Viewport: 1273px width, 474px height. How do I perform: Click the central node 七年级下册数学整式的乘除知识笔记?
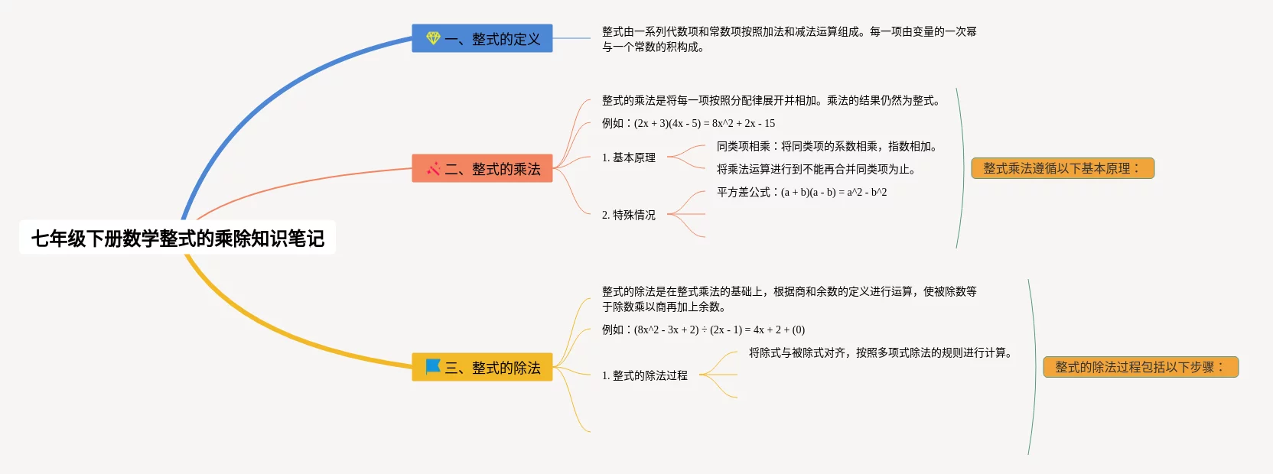[x=177, y=239]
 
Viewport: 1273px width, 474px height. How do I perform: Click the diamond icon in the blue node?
[x=433, y=38]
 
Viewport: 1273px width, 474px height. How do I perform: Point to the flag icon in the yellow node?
[x=433, y=366]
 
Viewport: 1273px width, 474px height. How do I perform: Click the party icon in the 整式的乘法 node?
[x=434, y=168]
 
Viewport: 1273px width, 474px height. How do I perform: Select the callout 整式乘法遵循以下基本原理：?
[x=1062, y=168]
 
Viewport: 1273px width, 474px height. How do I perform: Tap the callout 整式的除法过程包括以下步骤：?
[x=1140, y=367]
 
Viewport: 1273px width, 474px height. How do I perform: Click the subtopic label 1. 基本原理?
[x=628, y=157]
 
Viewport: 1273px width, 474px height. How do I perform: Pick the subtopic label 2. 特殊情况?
[x=628, y=215]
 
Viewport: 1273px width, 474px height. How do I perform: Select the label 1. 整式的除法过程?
[x=644, y=375]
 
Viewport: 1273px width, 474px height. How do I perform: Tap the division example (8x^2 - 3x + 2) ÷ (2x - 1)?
[x=703, y=330]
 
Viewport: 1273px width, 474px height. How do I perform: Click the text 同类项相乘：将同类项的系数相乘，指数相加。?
[x=827, y=146]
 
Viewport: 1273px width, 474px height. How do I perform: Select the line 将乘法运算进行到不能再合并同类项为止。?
[x=816, y=169]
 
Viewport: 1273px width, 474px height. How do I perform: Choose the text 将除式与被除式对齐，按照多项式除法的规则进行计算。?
[x=881, y=352]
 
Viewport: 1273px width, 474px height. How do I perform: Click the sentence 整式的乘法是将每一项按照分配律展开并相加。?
[x=771, y=100]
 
